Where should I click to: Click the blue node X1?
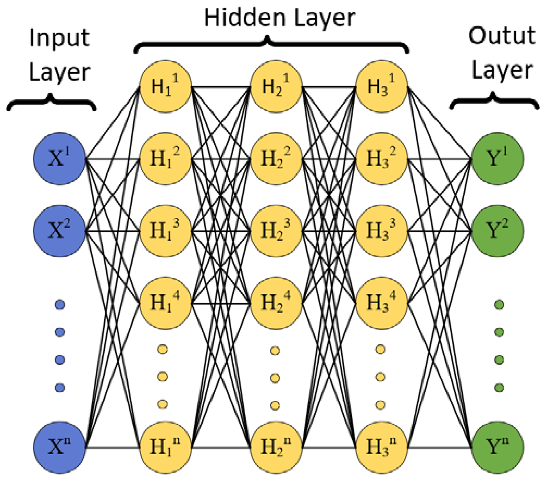pyautogui.click(x=60, y=159)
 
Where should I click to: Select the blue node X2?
pyautogui.click(x=60, y=231)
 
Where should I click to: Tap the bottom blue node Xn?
pyautogui.click(x=60, y=448)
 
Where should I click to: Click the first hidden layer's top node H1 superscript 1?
pyautogui.click(x=165, y=87)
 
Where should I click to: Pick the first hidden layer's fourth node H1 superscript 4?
pyautogui.click(x=165, y=303)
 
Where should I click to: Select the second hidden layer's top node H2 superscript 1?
pyautogui.click(x=276, y=87)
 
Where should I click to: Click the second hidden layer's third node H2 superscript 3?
pyautogui.click(x=276, y=231)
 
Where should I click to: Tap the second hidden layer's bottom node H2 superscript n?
pyautogui.click(x=276, y=448)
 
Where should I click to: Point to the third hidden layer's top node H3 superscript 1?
pyautogui.click(x=382, y=87)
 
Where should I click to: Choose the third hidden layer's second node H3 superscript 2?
pyautogui.click(x=382, y=159)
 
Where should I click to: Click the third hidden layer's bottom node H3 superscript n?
pyautogui.click(x=382, y=448)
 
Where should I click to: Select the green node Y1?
pyautogui.click(x=497, y=159)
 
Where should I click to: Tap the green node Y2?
pyautogui.click(x=497, y=231)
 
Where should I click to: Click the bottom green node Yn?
pyautogui.click(x=497, y=448)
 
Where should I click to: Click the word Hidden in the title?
pyautogui.click(x=245, y=18)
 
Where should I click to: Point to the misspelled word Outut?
pyautogui.click(x=502, y=36)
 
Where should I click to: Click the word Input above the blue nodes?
pyautogui.click(x=59, y=38)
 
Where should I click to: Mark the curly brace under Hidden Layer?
pyautogui.click(x=271, y=45)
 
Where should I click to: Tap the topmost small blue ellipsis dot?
pyautogui.click(x=60, y=305)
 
